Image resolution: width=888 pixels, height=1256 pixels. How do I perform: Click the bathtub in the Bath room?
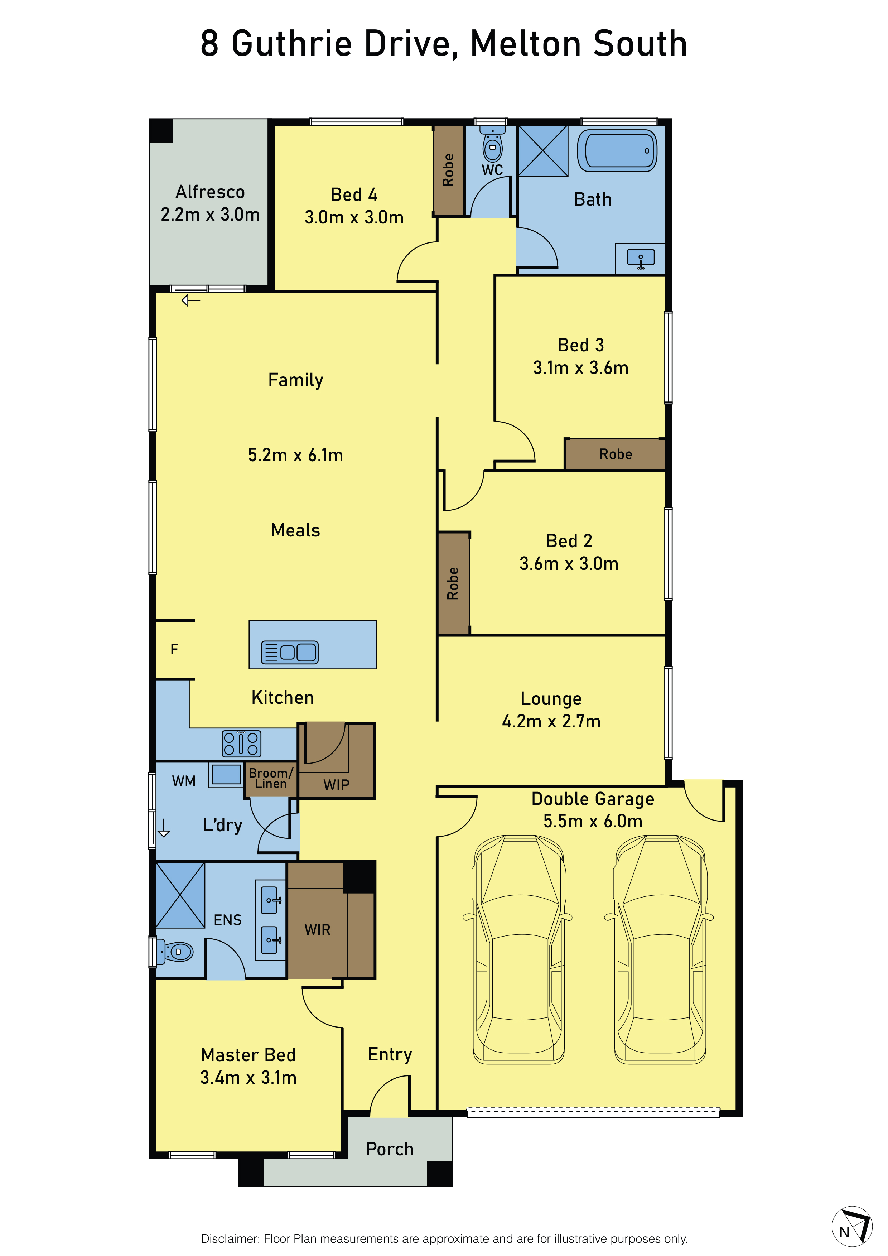click(x=617, y=150)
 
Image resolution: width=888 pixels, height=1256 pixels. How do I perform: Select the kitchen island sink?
click(x=289, y=652)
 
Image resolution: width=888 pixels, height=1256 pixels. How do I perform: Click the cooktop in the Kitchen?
click(x=241, y=744)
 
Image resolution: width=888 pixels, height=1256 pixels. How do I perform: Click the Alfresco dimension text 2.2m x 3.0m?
click(x=210, y=215)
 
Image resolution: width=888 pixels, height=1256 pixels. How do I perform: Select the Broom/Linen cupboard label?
click(x=271, y=778)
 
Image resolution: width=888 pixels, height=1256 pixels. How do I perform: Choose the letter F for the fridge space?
click(x=174, y=649)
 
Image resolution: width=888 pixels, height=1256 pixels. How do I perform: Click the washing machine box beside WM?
click(x=226, y=775)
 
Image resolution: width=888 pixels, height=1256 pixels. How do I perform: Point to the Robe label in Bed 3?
click(x=616, y=454)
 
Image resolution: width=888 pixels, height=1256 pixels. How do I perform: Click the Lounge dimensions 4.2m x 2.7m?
click(x=551, y=721)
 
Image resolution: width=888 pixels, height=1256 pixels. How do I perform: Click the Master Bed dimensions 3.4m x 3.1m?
click(x=248, y=1077)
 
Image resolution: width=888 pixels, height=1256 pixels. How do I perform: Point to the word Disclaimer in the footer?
click(x=230, y=1238)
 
